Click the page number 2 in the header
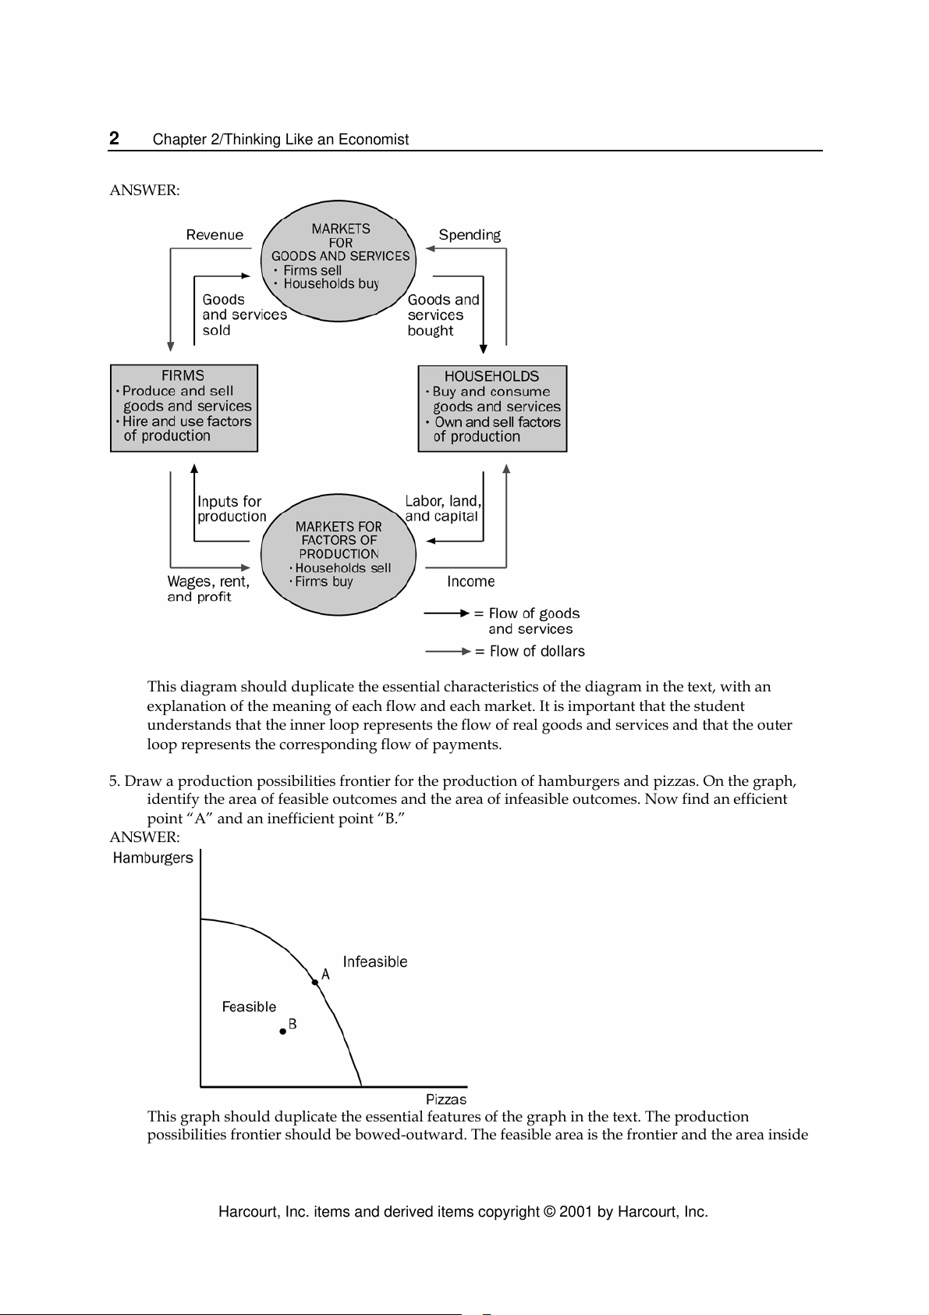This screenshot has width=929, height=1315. [x=114, y=139]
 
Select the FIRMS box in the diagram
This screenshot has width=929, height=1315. [x=184, y=408]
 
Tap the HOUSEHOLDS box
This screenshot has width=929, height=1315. [x=492, y=408]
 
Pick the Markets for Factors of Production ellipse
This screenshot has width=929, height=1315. [x=339, y=553]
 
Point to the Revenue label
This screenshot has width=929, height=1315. [x=215, y=235]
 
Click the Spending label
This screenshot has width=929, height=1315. [x=470, y=235]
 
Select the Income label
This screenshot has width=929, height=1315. [x=470, y=581]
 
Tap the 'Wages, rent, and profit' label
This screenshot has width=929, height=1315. [x=208, y=589]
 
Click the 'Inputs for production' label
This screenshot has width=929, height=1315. [x=232, y=509]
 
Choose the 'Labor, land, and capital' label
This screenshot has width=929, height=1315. [x=443, y=509]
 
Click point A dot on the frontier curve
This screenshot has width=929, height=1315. [x=314, y=982]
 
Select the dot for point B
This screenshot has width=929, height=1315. [x=283, y=1032]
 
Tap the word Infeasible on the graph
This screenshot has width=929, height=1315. [x=375, y=962]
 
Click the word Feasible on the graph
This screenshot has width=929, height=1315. [x=249, y=1007]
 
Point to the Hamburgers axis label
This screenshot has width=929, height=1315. [x=153, y=858]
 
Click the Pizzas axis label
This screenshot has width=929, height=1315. [x=446, y=1100]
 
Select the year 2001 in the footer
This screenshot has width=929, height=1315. [x=576, y=1212]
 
